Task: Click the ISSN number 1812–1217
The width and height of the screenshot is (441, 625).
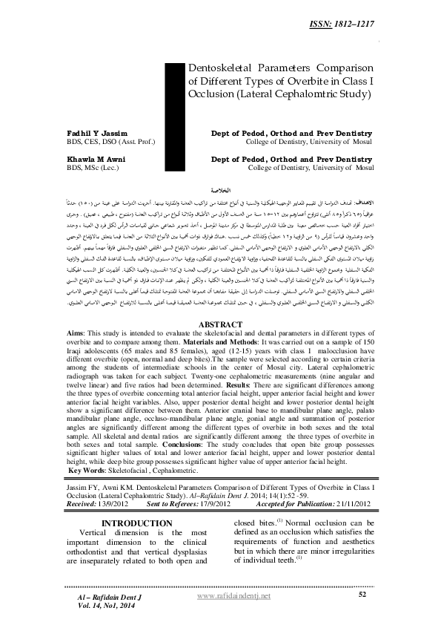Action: point(405,26)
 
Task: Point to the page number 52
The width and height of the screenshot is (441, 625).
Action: point(362,595)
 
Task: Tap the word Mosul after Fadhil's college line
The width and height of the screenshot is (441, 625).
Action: point(359,143)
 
